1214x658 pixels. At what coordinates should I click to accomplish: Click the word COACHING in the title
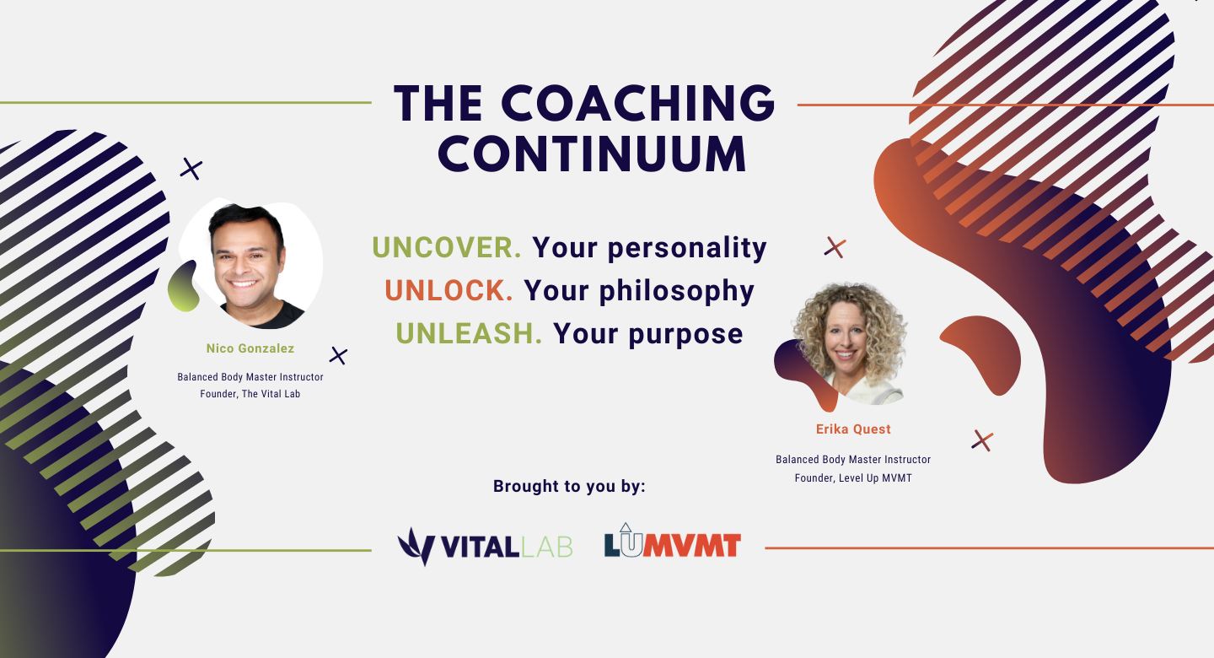click(638, 103)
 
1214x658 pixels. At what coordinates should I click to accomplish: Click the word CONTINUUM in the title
click(593, 154)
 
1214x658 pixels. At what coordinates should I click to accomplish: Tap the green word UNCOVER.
click(447, 247)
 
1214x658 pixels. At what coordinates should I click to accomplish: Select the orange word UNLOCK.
click(449, 291)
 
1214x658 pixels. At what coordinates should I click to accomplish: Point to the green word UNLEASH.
click(469, 333)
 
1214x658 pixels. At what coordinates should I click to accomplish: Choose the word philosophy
click(677, 291)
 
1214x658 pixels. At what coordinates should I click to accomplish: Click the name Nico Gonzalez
click(250, 348)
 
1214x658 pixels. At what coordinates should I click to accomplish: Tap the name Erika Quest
click(853, 429)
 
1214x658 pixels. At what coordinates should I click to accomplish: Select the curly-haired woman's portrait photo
click(850, 343)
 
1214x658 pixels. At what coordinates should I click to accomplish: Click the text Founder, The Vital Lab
click(250, 394)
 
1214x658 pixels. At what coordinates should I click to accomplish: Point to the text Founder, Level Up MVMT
click(853, 478)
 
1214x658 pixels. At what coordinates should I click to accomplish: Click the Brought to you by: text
click(569, 486)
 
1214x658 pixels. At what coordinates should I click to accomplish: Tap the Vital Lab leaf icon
click(416, 547)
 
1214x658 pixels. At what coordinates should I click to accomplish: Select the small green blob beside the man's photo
click(183, 288)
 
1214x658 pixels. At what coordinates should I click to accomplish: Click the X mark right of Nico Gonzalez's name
click(338, 356)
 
